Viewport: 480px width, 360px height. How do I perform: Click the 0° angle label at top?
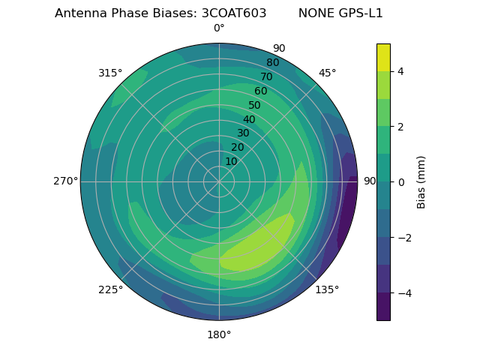[x=219, y=28]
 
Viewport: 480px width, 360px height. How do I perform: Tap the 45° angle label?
[x=327, y=73]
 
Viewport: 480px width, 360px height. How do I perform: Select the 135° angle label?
[x=327, y=289]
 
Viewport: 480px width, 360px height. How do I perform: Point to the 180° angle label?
[x=219, y=334]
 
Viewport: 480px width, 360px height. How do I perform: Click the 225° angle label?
[x=110, y=289]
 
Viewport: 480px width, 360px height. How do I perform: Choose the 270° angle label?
[x=65, y=181]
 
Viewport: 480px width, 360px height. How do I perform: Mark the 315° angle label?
[x=110, y=73]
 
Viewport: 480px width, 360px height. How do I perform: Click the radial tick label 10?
[x=231, y=161]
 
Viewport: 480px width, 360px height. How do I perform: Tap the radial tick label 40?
[x=249, y=119]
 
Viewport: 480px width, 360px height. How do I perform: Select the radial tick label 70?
[x=266, y=76]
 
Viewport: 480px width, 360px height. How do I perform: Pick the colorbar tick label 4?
[x=400, y=71]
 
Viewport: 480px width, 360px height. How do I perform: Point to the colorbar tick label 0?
[x=400, y=181]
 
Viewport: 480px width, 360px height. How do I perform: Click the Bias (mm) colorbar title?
[x=421, y=181]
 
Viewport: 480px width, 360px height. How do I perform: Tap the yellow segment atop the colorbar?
[x=383, y=57]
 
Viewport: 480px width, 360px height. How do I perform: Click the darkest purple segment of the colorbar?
[x=383, y=306]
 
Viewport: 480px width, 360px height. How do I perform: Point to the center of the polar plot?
[x=219, y=181]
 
